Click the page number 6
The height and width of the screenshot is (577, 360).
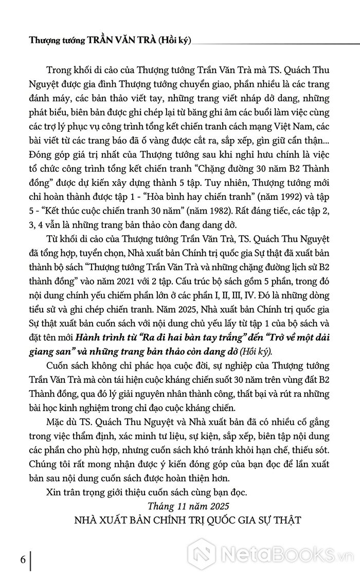[x=23, y=559]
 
